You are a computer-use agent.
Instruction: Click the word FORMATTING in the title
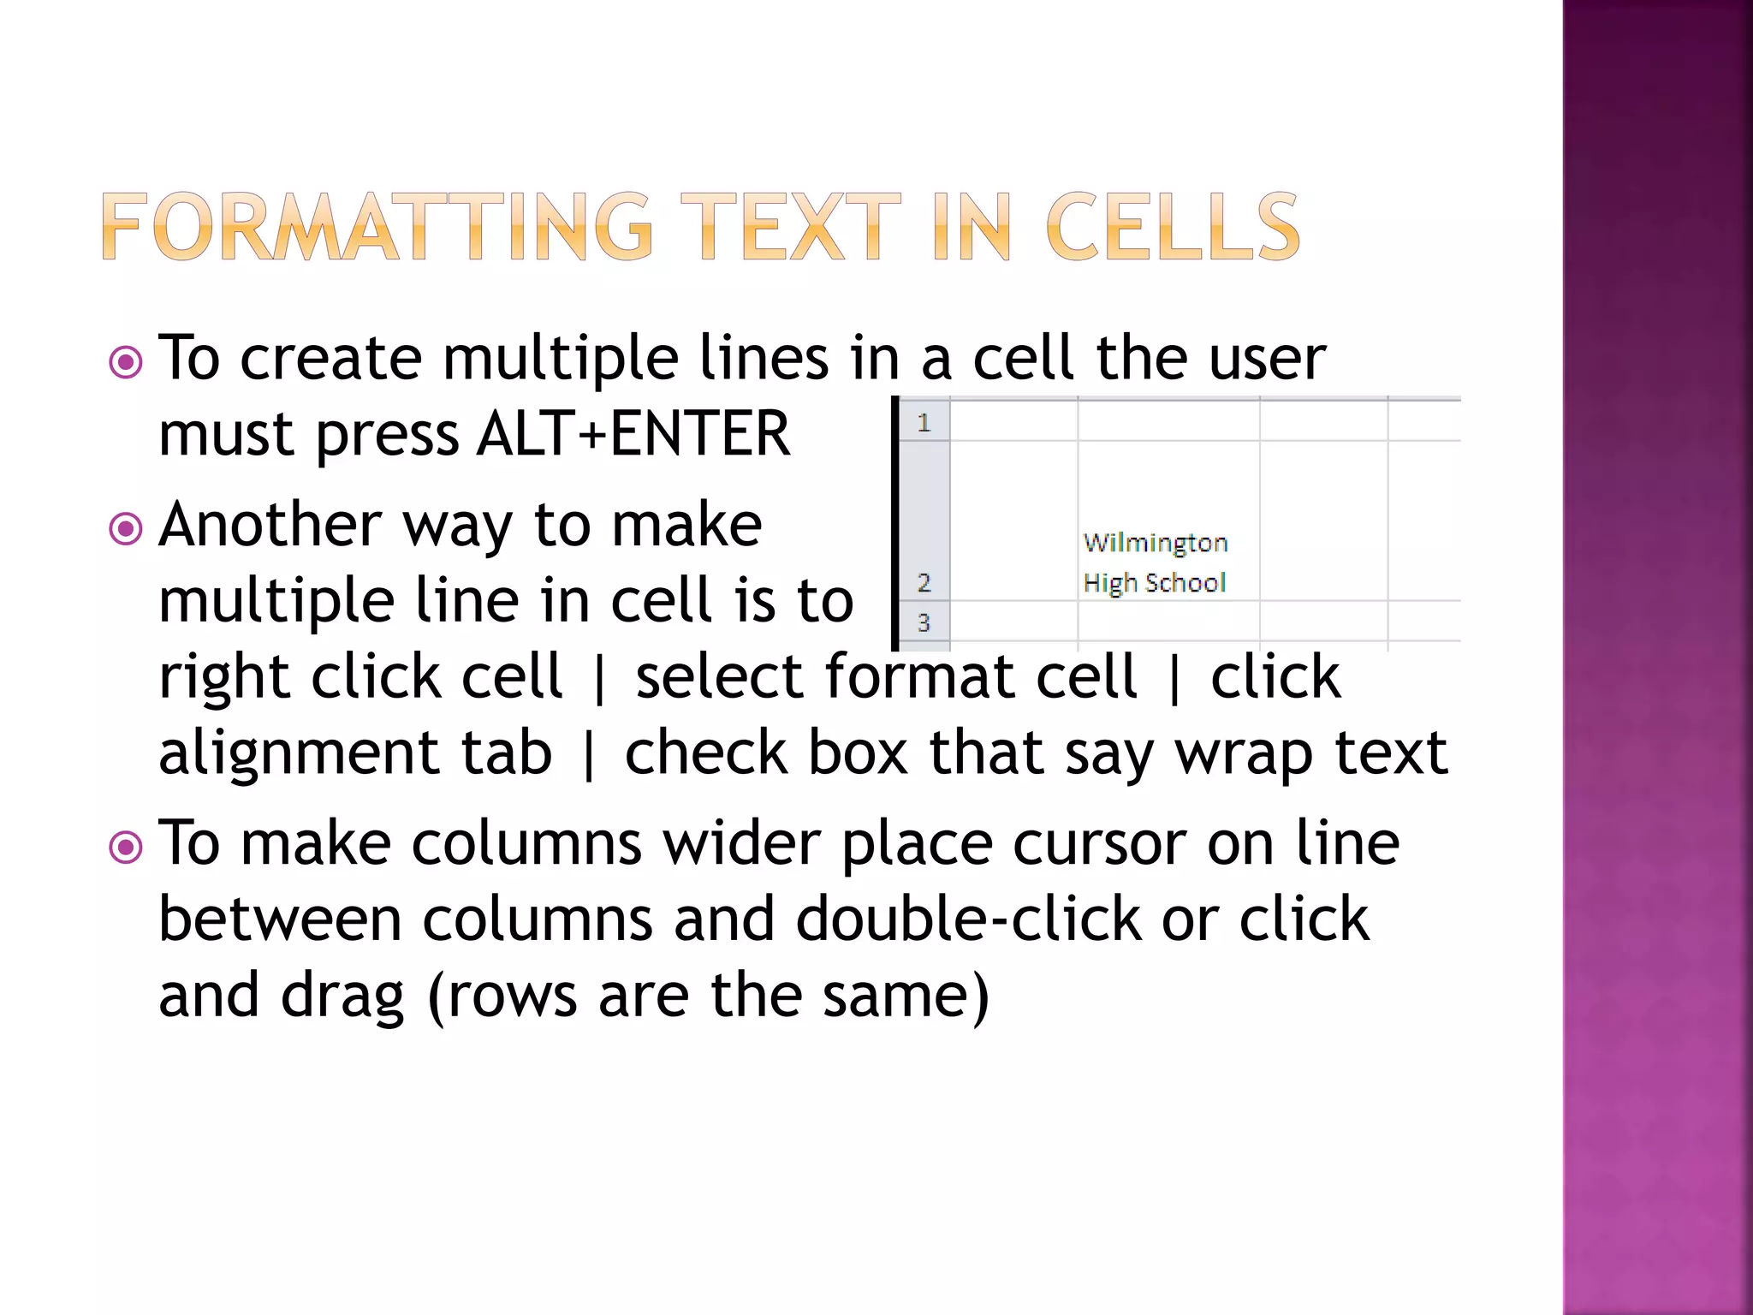[x=377, y=227]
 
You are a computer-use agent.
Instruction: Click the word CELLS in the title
[x=1172, y=227]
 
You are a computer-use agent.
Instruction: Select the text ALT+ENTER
[x=633, y=433]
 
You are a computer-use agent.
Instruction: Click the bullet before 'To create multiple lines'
[x=126, y=362]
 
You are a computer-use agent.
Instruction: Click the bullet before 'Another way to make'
[x=126, y=528]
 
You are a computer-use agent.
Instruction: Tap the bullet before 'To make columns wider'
[x=126, y=848]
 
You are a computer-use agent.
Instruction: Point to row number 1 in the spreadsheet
[x=924, y=422]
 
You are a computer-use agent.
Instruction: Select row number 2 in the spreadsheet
[x=924, y=583]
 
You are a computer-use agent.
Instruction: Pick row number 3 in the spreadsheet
[x=924, y=622]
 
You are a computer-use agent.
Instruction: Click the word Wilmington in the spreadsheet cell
[x=1155, y=543]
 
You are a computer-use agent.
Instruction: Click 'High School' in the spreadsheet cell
[x=1154, y=583]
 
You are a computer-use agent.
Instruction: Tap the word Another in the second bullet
[x=270, y=524]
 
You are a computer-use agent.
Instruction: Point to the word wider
[x=741, y=844]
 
